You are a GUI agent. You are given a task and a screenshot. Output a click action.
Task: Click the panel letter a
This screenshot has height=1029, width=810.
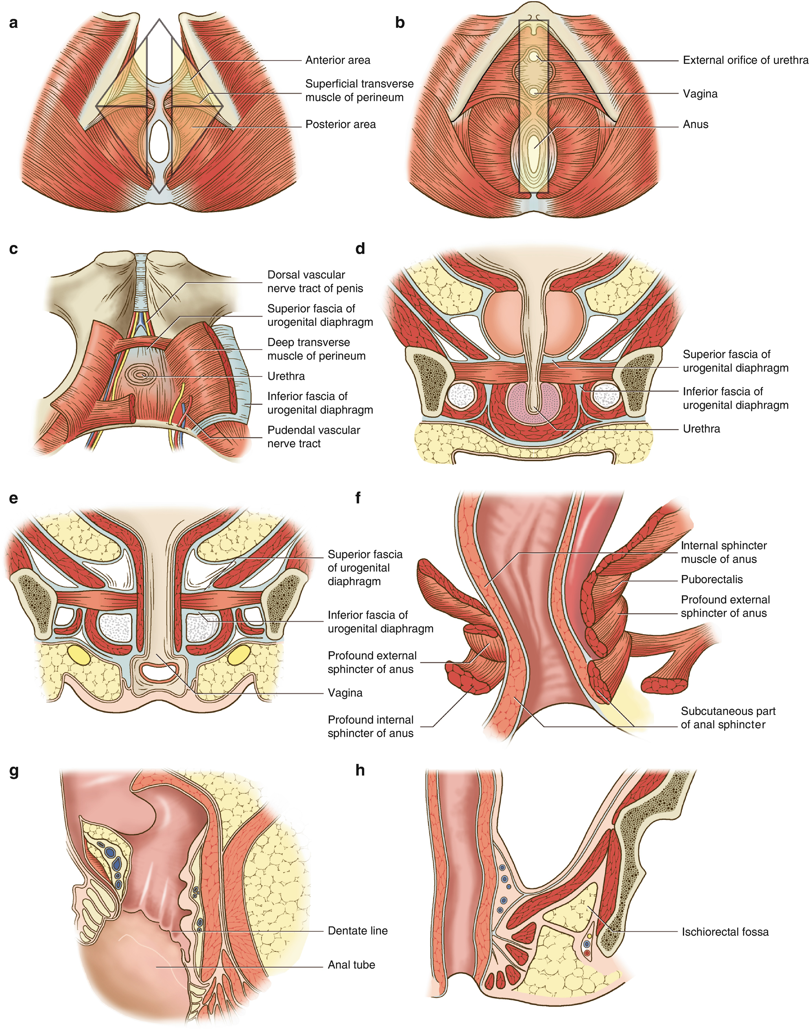coord(13,23)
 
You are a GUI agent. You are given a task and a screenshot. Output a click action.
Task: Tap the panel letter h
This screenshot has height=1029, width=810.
coord(360,770)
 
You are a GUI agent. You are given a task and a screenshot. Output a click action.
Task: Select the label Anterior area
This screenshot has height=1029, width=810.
coord(337,60)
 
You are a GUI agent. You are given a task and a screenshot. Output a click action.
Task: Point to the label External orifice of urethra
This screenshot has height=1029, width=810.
coord(745,60)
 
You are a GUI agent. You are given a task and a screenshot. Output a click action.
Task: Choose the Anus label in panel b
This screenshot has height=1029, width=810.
coord(695,124)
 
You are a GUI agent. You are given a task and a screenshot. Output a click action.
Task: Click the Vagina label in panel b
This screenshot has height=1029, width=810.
coord(700,94)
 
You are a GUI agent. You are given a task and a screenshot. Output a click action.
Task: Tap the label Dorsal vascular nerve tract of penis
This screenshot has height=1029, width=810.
coord(315,282)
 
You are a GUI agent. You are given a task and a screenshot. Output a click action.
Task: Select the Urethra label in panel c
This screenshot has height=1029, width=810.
coord(286,376)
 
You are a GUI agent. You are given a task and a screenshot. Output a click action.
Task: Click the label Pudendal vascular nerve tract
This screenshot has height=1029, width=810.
coord(314,437)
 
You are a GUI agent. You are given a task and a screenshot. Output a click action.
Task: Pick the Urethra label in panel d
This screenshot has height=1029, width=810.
coord(701,429)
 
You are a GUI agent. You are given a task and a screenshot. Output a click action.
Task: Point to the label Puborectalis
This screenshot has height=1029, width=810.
coord(711,580)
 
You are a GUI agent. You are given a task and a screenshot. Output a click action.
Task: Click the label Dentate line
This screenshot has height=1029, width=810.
coord(358,931)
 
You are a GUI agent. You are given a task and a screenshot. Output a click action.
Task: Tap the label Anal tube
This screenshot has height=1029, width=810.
coord(351,964)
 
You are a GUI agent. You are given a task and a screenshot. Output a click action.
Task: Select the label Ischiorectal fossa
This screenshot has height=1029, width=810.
coord(725,932)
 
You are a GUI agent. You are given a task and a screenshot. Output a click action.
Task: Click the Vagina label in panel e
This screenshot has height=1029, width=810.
coord(345,693)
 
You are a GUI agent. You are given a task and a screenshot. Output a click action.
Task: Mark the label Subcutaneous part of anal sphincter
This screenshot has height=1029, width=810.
coord(727,718)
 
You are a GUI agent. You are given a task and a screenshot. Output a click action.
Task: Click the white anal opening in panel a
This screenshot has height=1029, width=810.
coord(159,141)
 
